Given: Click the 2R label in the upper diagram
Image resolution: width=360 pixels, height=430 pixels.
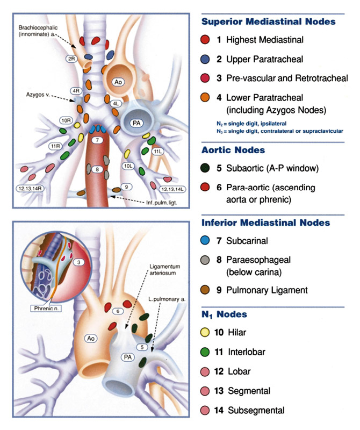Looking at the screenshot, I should (x=71, y=58).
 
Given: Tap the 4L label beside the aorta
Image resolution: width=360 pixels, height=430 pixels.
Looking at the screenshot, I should (x=116, y=103).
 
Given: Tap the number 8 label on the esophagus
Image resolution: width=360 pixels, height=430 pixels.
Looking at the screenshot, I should (x=97, y=169).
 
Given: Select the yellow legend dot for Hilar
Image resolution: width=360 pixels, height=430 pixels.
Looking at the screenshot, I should (x=205, y=333).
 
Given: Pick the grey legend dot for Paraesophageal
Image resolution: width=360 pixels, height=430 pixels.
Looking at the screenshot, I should (x=205, y=260).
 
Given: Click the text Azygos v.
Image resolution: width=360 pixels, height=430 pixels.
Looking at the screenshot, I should (x=37, y=93).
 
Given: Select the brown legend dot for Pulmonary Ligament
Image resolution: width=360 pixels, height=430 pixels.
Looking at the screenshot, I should (x=205, y=290).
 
